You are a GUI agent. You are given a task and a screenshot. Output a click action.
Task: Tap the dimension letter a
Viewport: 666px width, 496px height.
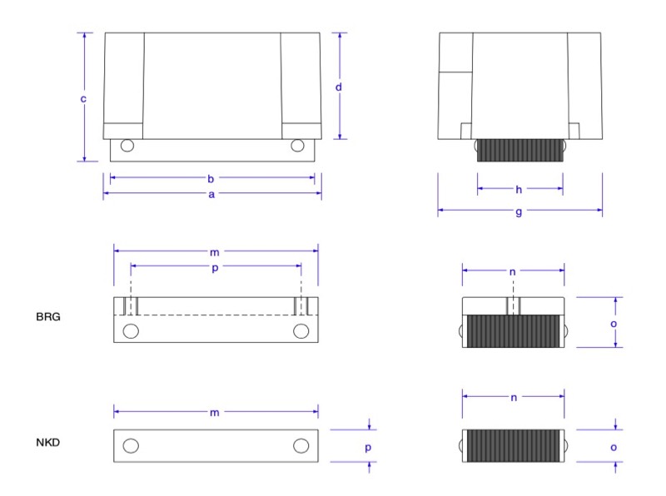pyautogui.click(x=211, y=195)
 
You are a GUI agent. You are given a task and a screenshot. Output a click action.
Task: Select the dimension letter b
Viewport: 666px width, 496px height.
pyautogui.click(x=211, y=177)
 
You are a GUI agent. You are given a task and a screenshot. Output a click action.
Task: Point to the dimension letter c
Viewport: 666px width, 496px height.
pyautogui.click(x=83, y=99)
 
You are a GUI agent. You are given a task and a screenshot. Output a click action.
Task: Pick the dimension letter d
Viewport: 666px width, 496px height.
pyautogui.click(x=340, y=87)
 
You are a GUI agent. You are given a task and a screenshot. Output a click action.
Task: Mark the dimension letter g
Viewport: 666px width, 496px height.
pyautogui.click(x=519, y=211)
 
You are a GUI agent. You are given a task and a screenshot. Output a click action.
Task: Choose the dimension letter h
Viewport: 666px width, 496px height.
pyautogui.click(x=519, y=189)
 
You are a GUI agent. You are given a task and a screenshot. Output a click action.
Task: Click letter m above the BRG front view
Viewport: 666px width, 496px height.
pyautogui.click(x=216, y=250)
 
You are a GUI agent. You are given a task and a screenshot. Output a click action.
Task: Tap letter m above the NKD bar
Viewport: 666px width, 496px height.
pyautogui.click(x=216, y=412)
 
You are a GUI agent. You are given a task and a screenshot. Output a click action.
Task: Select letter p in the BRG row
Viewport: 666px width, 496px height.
pyautogui.click(x=216, y=266)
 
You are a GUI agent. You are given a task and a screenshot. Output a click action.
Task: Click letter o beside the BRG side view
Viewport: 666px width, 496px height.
pyautogui.click(x=614, y=322)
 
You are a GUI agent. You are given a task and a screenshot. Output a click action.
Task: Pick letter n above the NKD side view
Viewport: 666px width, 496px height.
pyautogui.click(x=513, y=398)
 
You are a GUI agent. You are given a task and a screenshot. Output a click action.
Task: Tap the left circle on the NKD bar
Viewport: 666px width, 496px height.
pyautogui.click(x=131, y=445)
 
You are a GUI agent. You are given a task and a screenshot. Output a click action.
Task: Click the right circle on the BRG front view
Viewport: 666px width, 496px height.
pyautogui.click(x=301, y=331)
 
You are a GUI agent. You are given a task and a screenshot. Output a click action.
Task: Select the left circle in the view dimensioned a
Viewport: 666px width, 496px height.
pyautogui.click(x=127, y=146)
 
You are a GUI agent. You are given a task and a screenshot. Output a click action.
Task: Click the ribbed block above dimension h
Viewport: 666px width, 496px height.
pyautogui.click(x=519, y=150)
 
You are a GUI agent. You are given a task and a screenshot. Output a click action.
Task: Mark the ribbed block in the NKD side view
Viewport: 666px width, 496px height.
pyautogui.click(x=513, y=445)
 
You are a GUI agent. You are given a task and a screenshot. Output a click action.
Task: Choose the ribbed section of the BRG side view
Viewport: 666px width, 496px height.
pyautogui.click(x=513, y=331)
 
